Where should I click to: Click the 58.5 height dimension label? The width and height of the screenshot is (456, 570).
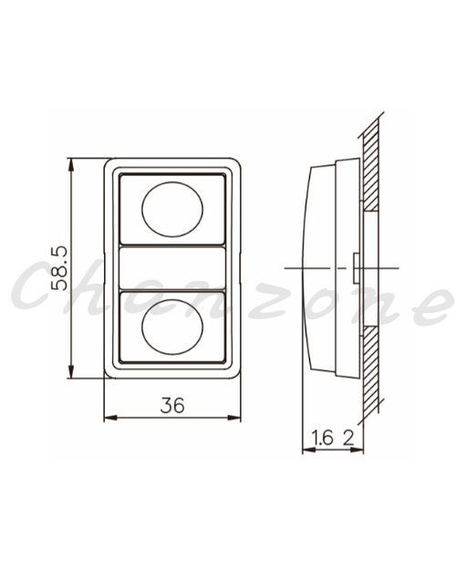[58, 269]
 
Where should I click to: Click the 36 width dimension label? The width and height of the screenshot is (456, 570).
[172, 405]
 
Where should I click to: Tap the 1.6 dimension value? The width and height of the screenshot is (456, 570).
[323, 438]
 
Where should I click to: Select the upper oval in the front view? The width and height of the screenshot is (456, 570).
[172, 210]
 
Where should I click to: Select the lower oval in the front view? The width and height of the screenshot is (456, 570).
[172, 326]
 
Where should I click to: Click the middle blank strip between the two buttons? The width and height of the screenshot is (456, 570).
[172, 268]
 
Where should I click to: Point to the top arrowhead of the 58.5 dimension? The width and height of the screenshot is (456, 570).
[71, 164]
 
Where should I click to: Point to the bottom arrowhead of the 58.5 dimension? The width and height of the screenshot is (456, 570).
[71, 372]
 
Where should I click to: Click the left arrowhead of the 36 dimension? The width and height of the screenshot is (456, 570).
[110, 418]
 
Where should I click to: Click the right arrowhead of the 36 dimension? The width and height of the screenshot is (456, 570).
[234, 418]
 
